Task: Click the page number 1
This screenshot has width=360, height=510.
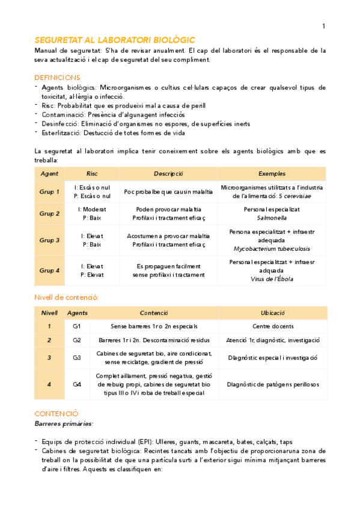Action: pyautogui.click(x=323, y=26)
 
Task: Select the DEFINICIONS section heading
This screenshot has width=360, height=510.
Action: pyautogui.click(x=58, y=78)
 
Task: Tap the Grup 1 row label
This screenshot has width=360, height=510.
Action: pyautogui.click(x=49, y=192)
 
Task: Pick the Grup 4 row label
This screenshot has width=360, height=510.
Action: pyautogui.click(x=49, y=270)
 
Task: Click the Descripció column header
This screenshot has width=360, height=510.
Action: pyautogui.click(x=168, y=173)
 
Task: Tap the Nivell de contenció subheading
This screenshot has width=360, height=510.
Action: pyautogui.click(x=67, y=297)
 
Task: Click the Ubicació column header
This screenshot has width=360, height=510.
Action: pyautogui.click(x=273, y=313)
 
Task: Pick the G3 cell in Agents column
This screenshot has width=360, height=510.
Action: pyautogui.click(x=77, y=358)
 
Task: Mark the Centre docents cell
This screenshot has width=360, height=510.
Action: pyautogui.click(x=273, y=327)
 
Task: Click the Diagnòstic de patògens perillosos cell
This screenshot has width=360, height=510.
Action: pyautogui.click(x=273, y=384)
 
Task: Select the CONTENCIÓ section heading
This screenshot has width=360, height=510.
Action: pyautogui.click(x=56, y=414)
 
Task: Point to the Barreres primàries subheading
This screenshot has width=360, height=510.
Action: pyautogui.click(x=64, y=424)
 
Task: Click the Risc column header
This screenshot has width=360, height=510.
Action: pyautogui.click(x=92, y=173)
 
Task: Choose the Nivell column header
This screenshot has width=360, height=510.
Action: pyautogui.click(x=49, y=313)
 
